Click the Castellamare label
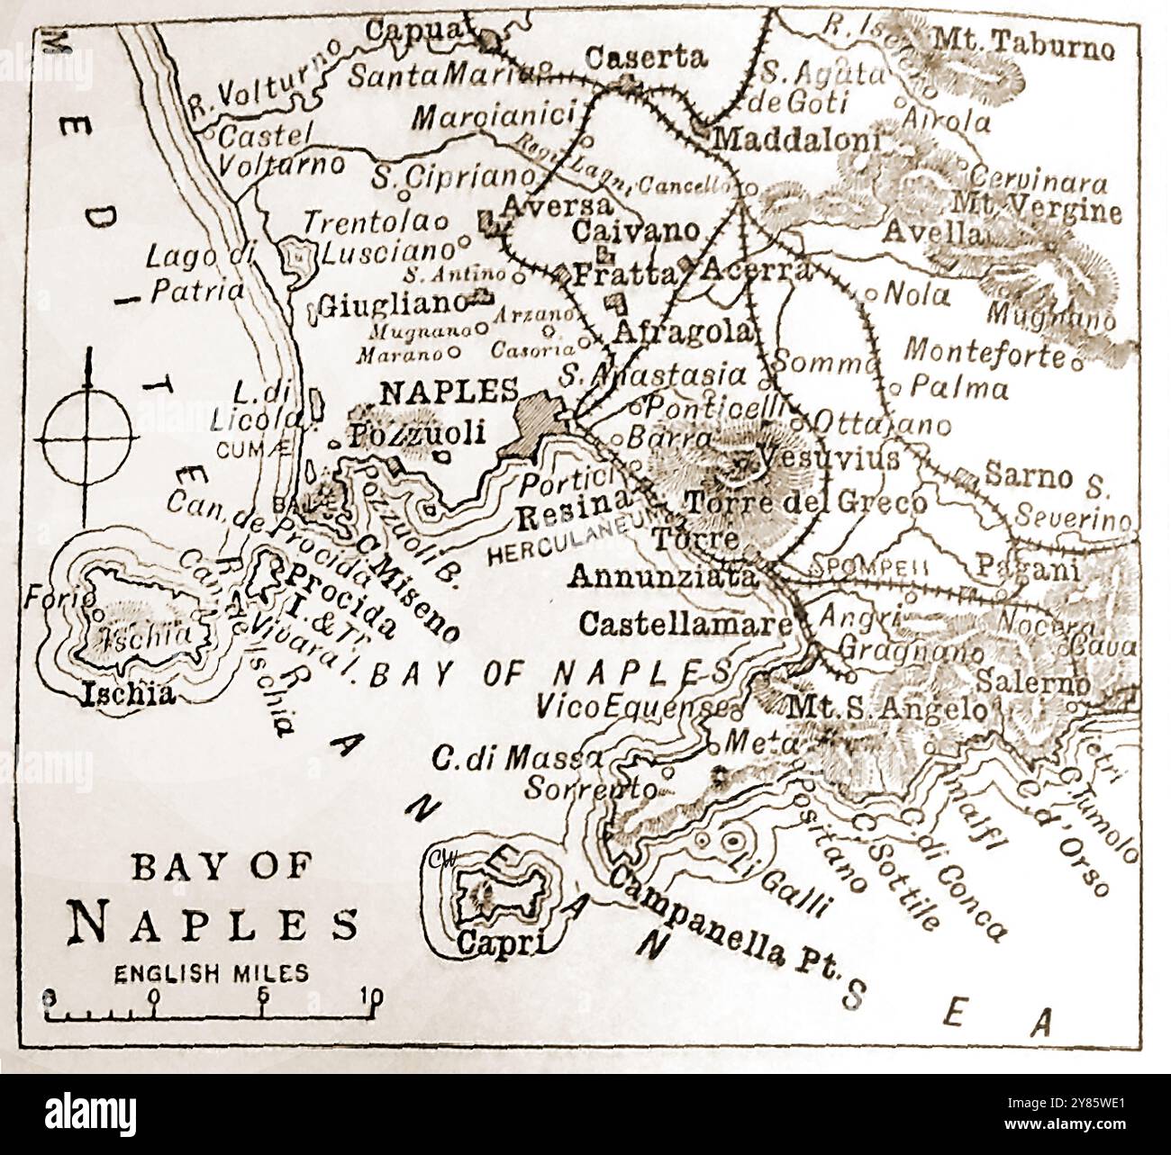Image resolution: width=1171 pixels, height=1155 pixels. click(x=685, y=623)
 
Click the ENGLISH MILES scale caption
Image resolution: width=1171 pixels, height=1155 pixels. click(x=210, y=972)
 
